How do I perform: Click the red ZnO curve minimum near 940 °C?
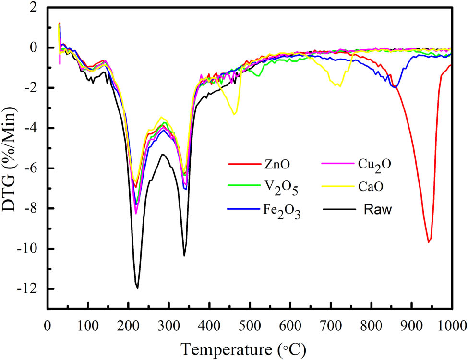tap(429, 242)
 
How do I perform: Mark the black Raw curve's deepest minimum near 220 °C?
tap(137, 288)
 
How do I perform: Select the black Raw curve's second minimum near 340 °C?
tap(184, 255)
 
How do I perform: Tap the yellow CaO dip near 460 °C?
tap(234, 114)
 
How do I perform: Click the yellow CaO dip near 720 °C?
tap(340, 86)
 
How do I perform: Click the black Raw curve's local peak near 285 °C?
tap(163, 154)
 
